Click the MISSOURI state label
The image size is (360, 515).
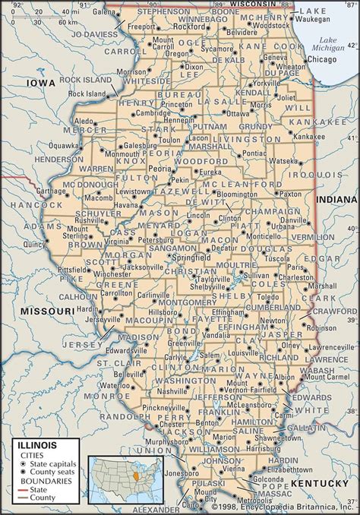(x=49, y=311)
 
